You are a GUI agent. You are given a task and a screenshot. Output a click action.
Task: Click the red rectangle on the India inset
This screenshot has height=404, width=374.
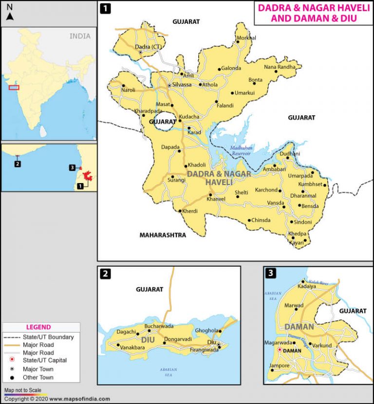[14, 88]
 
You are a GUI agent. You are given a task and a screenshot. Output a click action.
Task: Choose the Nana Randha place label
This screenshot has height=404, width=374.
[280, 67]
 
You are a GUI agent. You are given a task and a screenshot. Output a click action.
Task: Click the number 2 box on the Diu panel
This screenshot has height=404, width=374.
[105, 274]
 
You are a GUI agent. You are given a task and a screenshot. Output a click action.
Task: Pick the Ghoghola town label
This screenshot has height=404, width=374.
[206, 331]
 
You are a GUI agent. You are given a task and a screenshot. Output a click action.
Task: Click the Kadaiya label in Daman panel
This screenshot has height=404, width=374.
[307, 286]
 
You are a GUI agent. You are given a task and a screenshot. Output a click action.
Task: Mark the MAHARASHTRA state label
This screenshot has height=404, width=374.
[163, 235]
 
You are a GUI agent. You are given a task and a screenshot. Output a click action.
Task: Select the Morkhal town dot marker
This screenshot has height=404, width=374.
[238, 42]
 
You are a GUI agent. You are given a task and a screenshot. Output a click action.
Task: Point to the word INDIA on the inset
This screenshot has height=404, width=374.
[79, 36]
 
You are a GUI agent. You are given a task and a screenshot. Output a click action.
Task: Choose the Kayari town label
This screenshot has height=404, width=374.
[297, 242]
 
